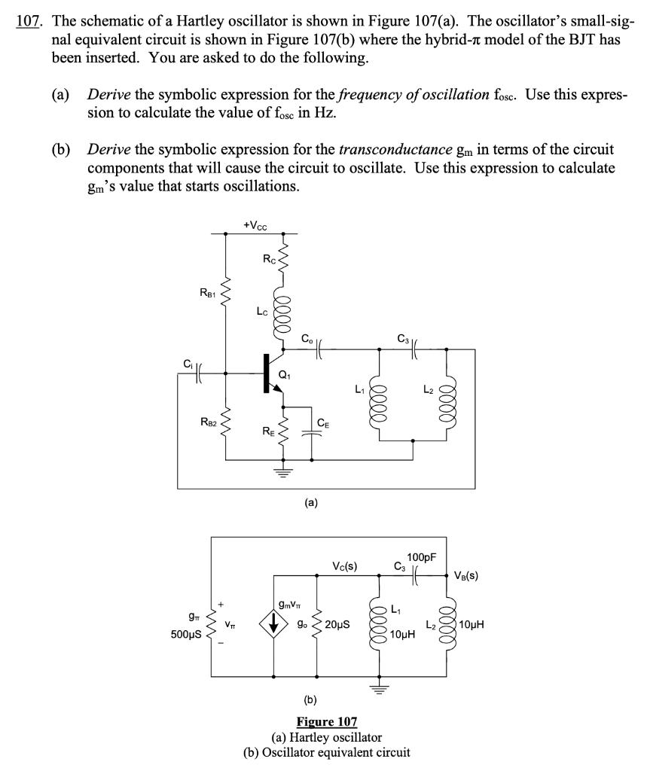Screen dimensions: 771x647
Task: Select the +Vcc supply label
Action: pyautogui.click(x=257, y=224)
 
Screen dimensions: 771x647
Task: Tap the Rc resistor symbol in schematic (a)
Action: pyautogui.click(x=284, y=261)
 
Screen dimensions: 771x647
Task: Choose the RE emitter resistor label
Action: pyautogui.click(x=267, y=431)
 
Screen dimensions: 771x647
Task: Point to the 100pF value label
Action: pyautogui.click(x=420, y=557)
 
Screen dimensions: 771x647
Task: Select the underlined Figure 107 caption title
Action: pyautogui.click(x=326, y=722)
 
